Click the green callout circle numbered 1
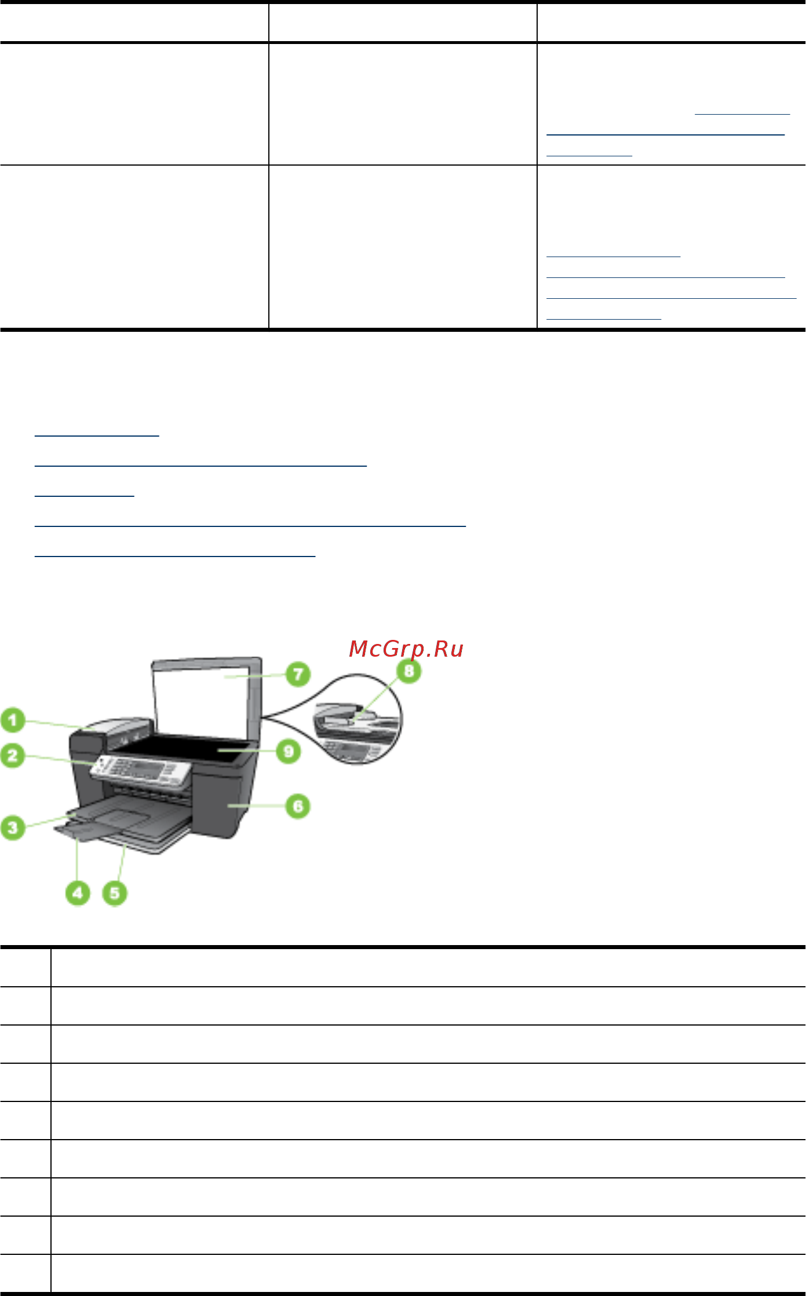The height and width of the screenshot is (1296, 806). point(13,720)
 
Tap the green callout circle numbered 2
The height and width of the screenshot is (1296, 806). point(13,756)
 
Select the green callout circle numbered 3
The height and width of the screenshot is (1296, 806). point(13,827)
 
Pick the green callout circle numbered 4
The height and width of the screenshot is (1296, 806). point(78,892)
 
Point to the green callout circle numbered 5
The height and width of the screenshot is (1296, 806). point(115,892)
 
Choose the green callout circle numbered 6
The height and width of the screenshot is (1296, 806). point(298,806)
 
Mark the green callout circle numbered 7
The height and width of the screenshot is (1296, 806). point(298,674)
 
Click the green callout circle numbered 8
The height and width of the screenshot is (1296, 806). point(409,671)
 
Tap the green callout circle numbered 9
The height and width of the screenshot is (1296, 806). point(289,752)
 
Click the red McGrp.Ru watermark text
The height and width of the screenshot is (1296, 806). point(406,649)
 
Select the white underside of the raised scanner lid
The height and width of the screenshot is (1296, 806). point(203,695)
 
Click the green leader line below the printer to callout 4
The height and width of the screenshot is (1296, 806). point(78,860)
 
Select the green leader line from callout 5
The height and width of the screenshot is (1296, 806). point(121,863)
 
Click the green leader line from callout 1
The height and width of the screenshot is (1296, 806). point(58,723)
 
